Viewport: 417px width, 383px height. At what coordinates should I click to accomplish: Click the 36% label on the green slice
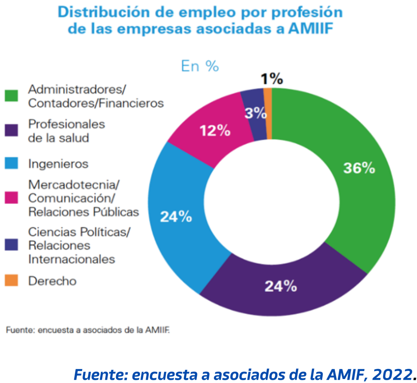[359, 168]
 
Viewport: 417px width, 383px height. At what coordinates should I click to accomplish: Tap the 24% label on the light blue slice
[176, 217]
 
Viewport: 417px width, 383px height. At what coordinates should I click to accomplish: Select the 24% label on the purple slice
[281, 286]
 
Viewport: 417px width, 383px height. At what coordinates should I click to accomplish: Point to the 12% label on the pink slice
[215, 131]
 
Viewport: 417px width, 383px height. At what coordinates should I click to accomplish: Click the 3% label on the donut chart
[256, 114]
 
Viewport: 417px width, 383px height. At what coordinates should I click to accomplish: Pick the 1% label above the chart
[272, 79]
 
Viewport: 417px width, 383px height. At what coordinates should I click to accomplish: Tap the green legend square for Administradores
[11, 96]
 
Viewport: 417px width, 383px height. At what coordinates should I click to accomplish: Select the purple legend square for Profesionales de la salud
[11, 131]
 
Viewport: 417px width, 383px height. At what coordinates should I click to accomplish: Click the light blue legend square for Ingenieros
[11, 163]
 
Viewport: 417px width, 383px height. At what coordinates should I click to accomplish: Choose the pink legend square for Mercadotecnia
[11, 198]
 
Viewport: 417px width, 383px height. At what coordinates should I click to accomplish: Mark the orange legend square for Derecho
[11, 281]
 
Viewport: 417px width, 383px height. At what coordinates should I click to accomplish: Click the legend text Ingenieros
[58, 164]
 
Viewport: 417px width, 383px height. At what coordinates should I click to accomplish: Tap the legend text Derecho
[52, 281]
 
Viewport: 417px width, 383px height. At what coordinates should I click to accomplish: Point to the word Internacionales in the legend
[72, 259]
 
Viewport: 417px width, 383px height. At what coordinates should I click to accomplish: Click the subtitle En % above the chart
[200, 66]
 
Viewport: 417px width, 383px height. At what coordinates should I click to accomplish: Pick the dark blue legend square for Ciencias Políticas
[11, 245]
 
